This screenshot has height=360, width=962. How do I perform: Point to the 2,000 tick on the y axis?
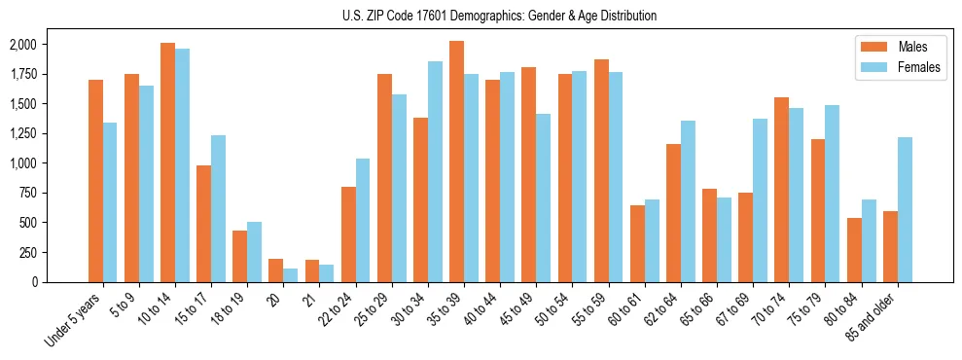pos(22,45)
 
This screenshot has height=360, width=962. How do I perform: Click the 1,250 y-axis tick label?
pos(22,133)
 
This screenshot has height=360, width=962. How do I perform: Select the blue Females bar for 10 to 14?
pos(182,165)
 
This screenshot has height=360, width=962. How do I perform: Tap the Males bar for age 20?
pos(276,270)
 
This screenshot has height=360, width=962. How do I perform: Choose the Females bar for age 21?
pos(327,273)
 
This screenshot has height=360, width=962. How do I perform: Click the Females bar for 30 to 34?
pos(435,171)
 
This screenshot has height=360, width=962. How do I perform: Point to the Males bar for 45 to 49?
pos(528,174)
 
